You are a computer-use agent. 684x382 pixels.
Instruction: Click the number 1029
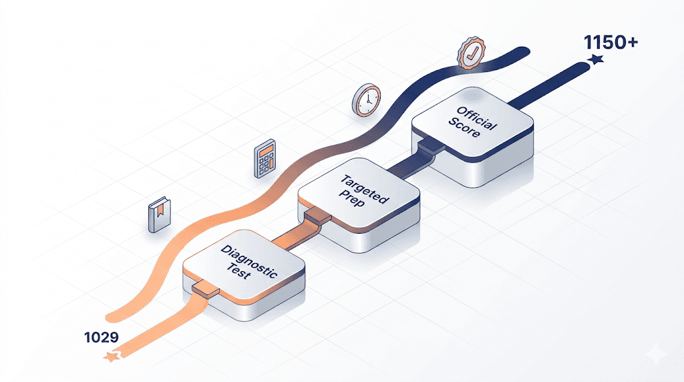pyautogui.click(x=102, y=337)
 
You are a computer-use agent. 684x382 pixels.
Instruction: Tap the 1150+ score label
pyautogui.click(x=611, y=42)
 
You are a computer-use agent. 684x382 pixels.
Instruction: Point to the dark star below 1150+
pyautogui.click(x=595, y=59)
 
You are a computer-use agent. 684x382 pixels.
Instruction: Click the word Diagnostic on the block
pyautogui.click(x=248, y=261)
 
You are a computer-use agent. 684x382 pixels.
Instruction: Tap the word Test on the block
pyautogui.click(x=238, y=270)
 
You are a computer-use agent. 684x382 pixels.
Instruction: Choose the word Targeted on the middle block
pyautogui.click(x=364, y=189)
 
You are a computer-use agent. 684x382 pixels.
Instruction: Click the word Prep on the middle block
pyautogui.click(x=351, y=197)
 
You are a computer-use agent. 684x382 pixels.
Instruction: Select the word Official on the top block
pyautogui.click(x=477, y=118)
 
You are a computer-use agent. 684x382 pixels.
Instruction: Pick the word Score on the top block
pyautogui.click(x=464, y=128)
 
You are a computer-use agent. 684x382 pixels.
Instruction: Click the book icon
pyautogui.click(x=159, y=214)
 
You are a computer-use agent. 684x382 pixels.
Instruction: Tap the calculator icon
pyautogui.click(x=265, y=158)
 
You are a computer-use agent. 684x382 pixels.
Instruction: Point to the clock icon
pyautogui.click(x=367, y=100)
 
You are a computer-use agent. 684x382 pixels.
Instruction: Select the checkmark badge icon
pyautogui.click(x=471, y=53)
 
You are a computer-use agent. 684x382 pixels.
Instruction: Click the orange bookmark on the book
pyautogui.click(x=160, y=209)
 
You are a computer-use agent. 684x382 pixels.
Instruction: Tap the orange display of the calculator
pyautogui.click(x=266, y=150)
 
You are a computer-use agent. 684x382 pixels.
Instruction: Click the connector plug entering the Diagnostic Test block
pyautogui.click(x=206, y=290)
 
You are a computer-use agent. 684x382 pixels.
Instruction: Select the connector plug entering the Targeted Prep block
pyautogui.click(x=318, y=217)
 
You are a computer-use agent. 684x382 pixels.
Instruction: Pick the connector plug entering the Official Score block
pyautogui.click(x=431, y=145)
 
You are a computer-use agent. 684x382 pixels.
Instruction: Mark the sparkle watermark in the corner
pyautogui.click(x=657, y=355)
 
